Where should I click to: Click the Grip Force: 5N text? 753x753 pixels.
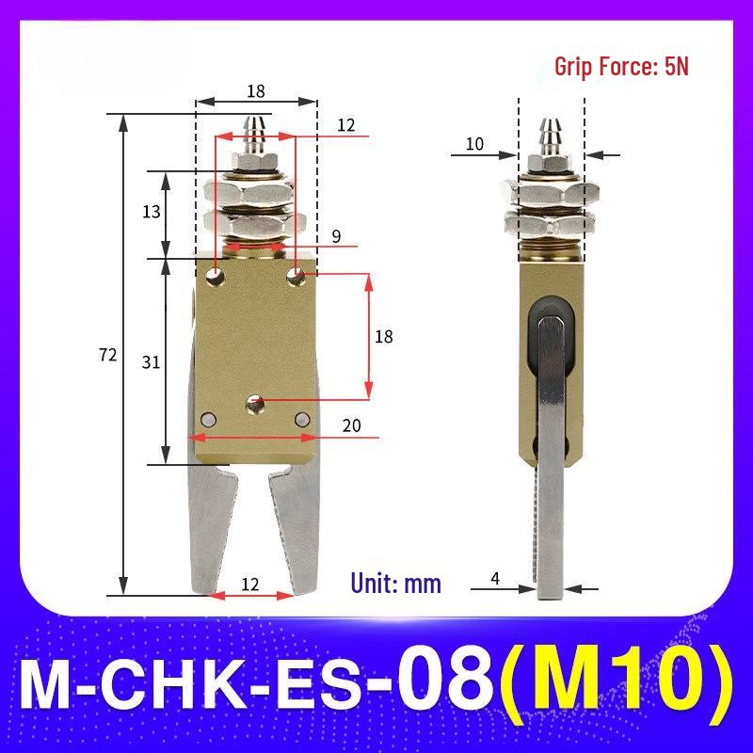click(621, 66)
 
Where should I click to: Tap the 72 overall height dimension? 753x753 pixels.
click(107, 355)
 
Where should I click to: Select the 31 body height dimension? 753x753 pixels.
click(151, 362)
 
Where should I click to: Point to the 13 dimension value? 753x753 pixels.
click(152, 211)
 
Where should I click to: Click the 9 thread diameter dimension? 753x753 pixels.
click(336, 236)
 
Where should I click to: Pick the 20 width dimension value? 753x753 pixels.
click(351, 425)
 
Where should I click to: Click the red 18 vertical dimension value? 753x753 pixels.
click(384, 337)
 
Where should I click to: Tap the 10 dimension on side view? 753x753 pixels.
click(474, 144)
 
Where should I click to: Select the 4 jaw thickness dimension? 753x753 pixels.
click(495, 578)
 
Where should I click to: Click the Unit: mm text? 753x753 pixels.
click(395, 584)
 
